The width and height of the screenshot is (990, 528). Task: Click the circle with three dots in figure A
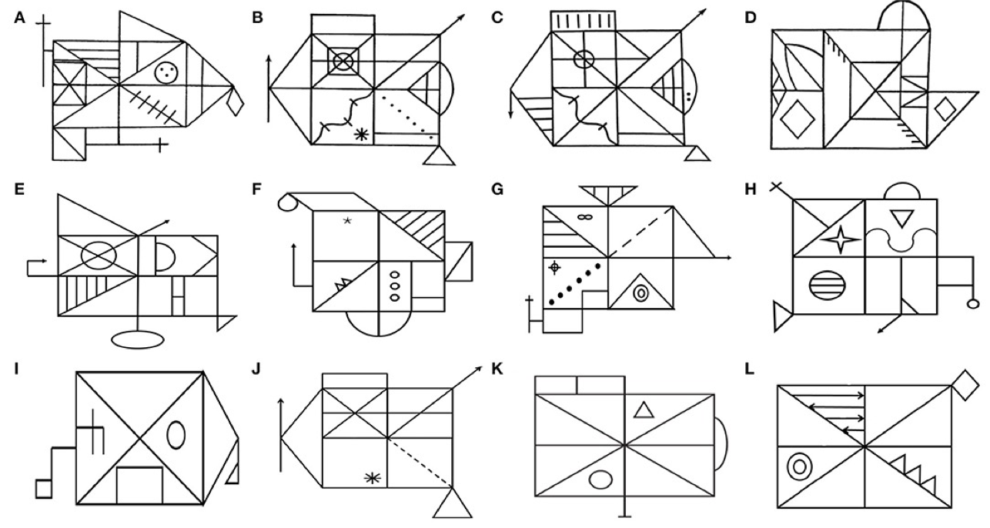coord(166,72)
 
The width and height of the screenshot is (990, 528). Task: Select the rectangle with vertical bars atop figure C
coord(583,21)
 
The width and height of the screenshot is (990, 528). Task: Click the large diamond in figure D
coord(798,119)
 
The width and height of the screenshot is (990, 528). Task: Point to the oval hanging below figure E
coord(137,339)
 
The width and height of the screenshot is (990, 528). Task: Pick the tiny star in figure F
coord(347,220)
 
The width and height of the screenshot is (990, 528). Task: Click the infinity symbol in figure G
coord(584,216)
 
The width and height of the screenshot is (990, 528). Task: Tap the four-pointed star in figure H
coord(841,240)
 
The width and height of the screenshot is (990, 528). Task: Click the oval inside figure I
coord(176,435)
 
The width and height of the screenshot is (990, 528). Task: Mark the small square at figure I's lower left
coord(44,489)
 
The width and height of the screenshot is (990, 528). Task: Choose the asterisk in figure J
coord(372,478)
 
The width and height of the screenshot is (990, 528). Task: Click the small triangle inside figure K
coord(644,409)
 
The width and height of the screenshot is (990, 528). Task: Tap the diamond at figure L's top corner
coord(965,385)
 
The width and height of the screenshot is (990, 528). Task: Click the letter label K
coord(497,369)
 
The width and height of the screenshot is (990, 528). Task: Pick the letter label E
coord(19,189)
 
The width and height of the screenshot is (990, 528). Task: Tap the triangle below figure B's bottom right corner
coord(439,156)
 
